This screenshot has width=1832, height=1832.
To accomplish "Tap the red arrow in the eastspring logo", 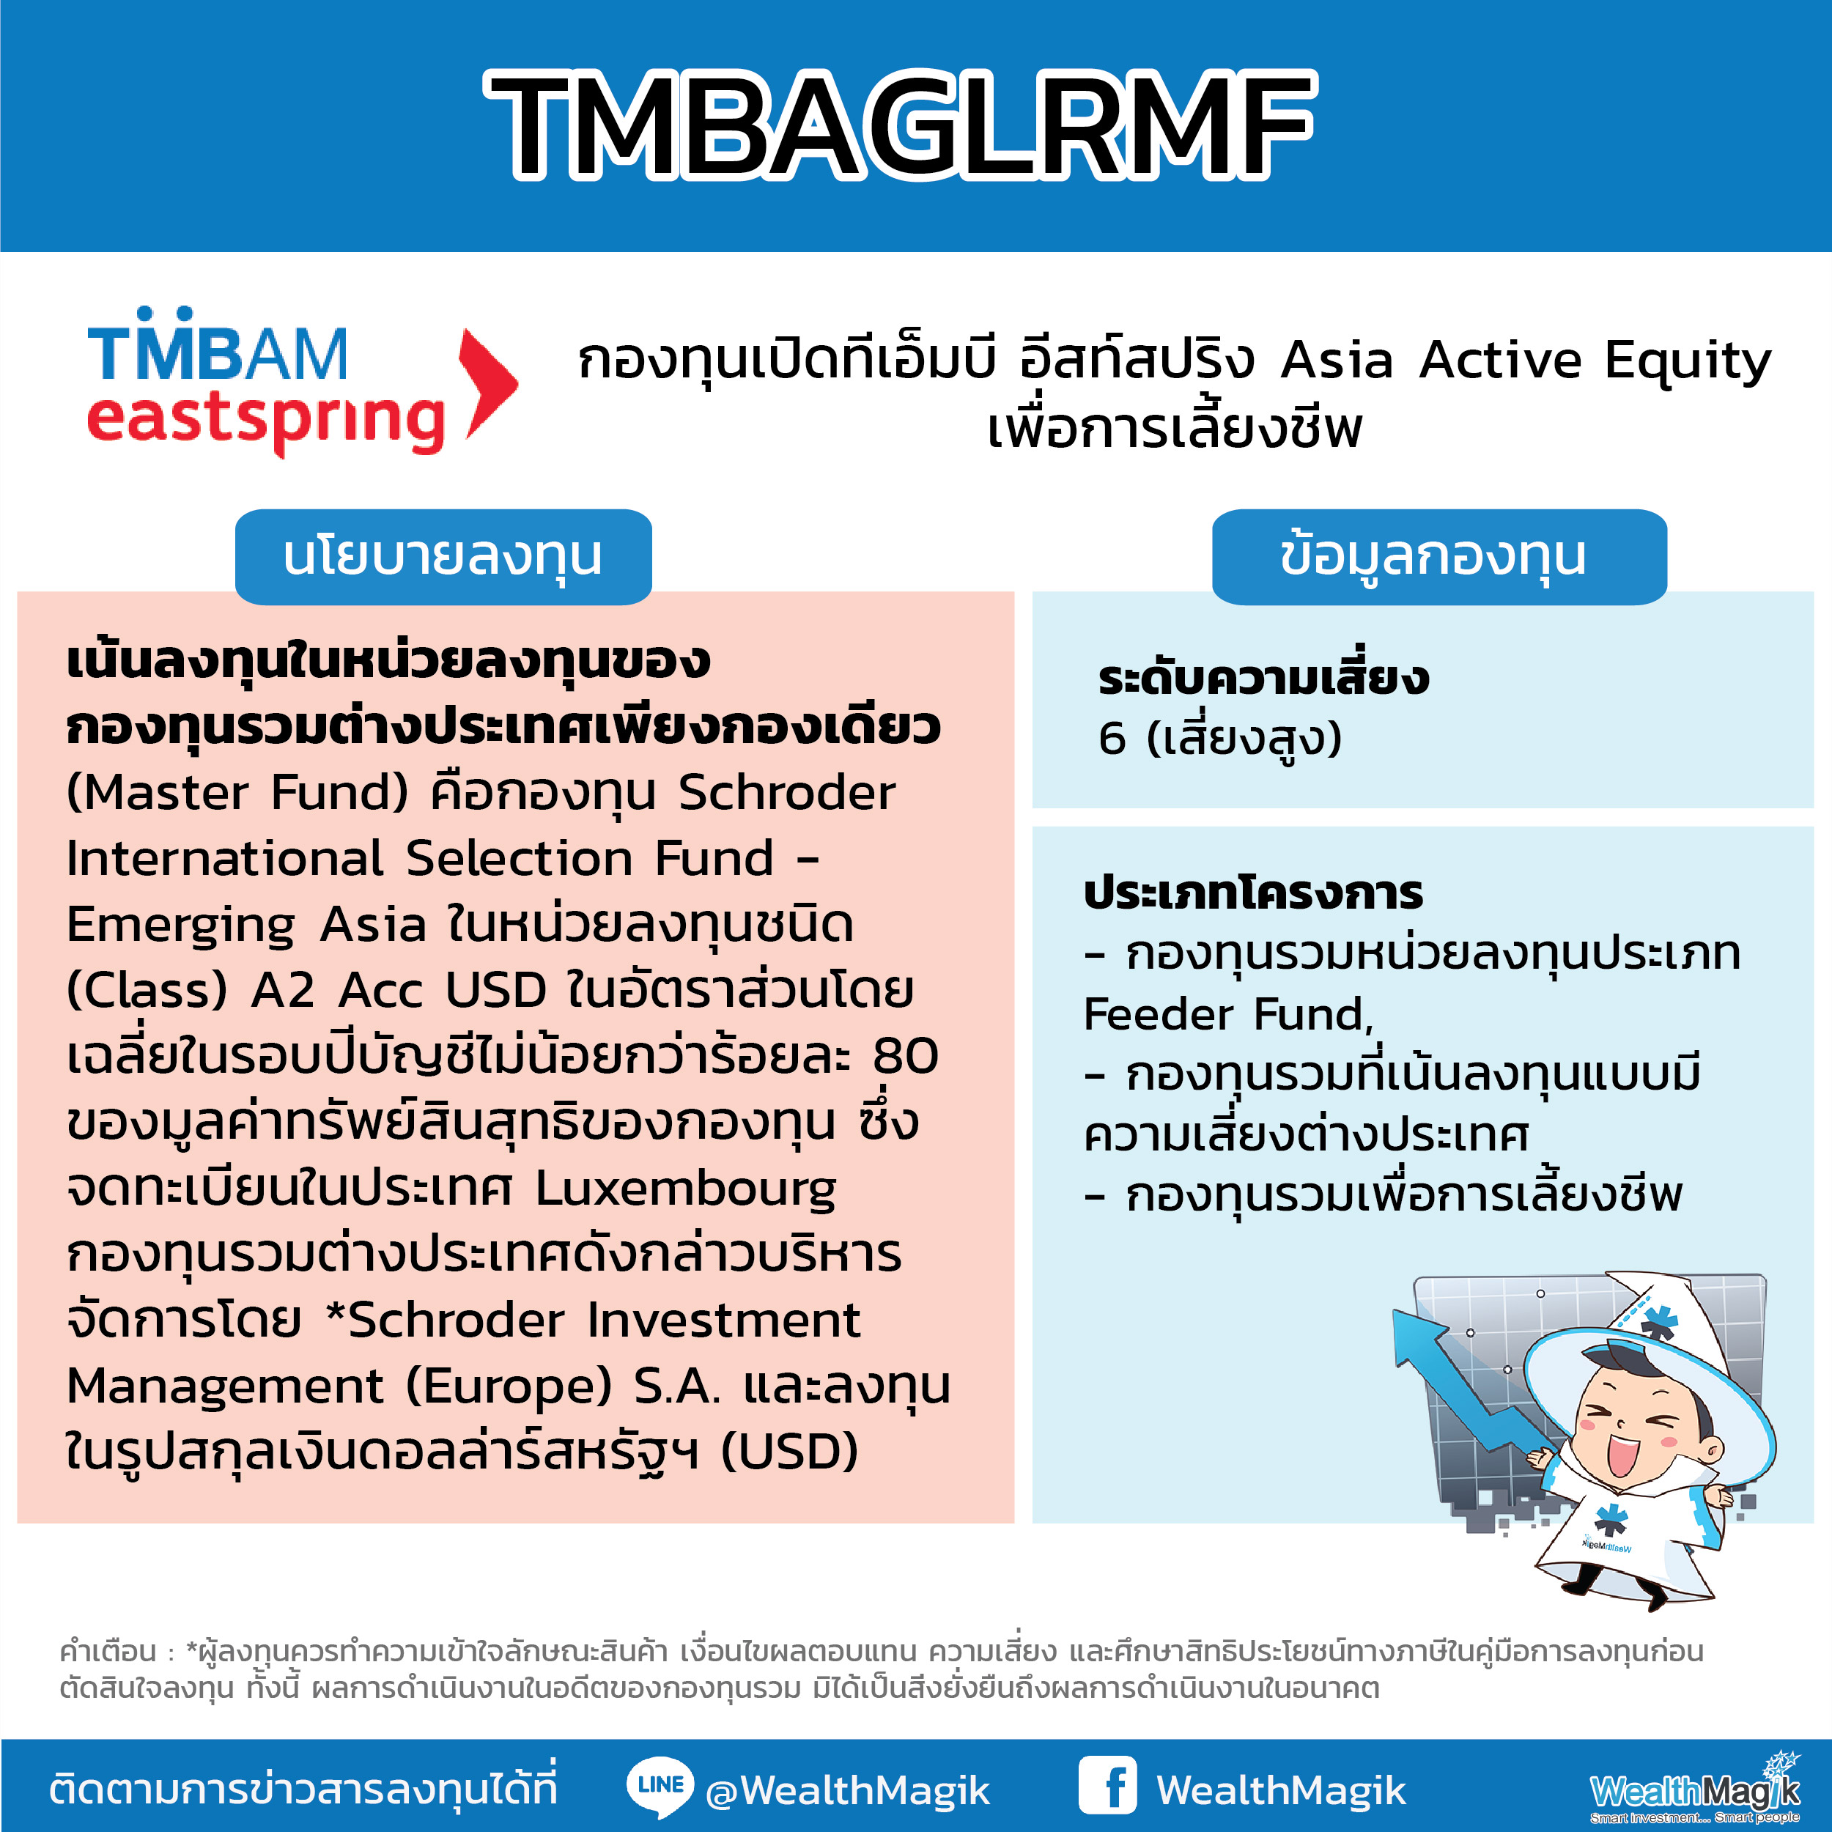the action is click(488, 383).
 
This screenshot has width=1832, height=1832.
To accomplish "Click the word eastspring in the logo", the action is click(265, 421).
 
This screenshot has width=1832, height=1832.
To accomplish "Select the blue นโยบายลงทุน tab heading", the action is click(443, 557).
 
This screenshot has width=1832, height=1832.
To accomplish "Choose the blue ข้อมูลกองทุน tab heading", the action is click(1438, 557).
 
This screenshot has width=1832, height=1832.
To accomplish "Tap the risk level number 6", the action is click(1112, 739).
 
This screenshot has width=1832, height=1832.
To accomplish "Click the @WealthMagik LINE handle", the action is click(848, 1790).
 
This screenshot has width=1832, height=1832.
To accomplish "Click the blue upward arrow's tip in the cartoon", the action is click(1396, 1312).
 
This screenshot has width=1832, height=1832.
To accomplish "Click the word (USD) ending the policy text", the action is click(790, 1452).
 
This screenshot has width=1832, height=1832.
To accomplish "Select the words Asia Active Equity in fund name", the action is click(1526, 361).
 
